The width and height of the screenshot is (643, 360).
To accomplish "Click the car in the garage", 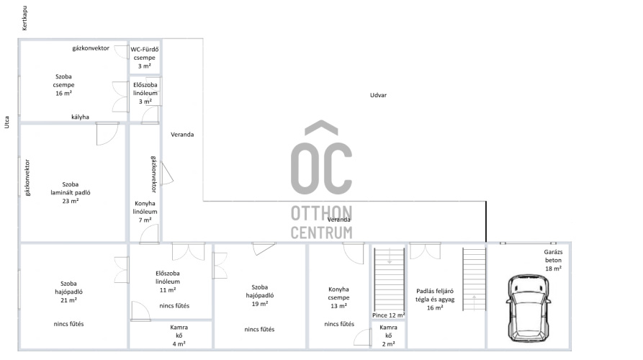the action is (x=529, y=308).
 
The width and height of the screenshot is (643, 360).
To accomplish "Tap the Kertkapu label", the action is (x=24, y=18).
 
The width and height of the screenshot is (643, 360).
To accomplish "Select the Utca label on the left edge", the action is (x=6, y=122).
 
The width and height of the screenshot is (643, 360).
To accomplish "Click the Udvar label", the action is (x=378, y=95).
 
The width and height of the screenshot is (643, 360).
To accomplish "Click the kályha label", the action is (x=80, y=117).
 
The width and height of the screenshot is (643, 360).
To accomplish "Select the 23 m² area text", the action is (x=71, y=201).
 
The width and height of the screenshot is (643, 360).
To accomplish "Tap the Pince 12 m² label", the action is (x=388, y=315).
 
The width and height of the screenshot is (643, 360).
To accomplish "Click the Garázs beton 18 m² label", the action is (x=553, y=261).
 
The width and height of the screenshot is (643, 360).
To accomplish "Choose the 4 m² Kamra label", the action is (x=179, y=336).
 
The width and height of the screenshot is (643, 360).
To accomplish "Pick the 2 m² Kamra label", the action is (x=388, y=336).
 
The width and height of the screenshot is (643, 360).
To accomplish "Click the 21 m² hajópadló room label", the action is (x=68, y=292).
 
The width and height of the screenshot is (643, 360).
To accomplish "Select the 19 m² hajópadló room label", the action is (x=260, y=296).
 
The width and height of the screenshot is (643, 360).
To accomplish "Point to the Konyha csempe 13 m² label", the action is (x=338, y=297).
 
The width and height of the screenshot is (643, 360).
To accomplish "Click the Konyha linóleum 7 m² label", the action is (x=145, y=212).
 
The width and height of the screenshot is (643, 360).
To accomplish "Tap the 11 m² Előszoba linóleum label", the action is (x=167, y=282).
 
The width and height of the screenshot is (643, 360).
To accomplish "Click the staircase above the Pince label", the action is (x=389, y=279).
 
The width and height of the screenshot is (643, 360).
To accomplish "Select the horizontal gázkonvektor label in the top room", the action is (x=91, y=48).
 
